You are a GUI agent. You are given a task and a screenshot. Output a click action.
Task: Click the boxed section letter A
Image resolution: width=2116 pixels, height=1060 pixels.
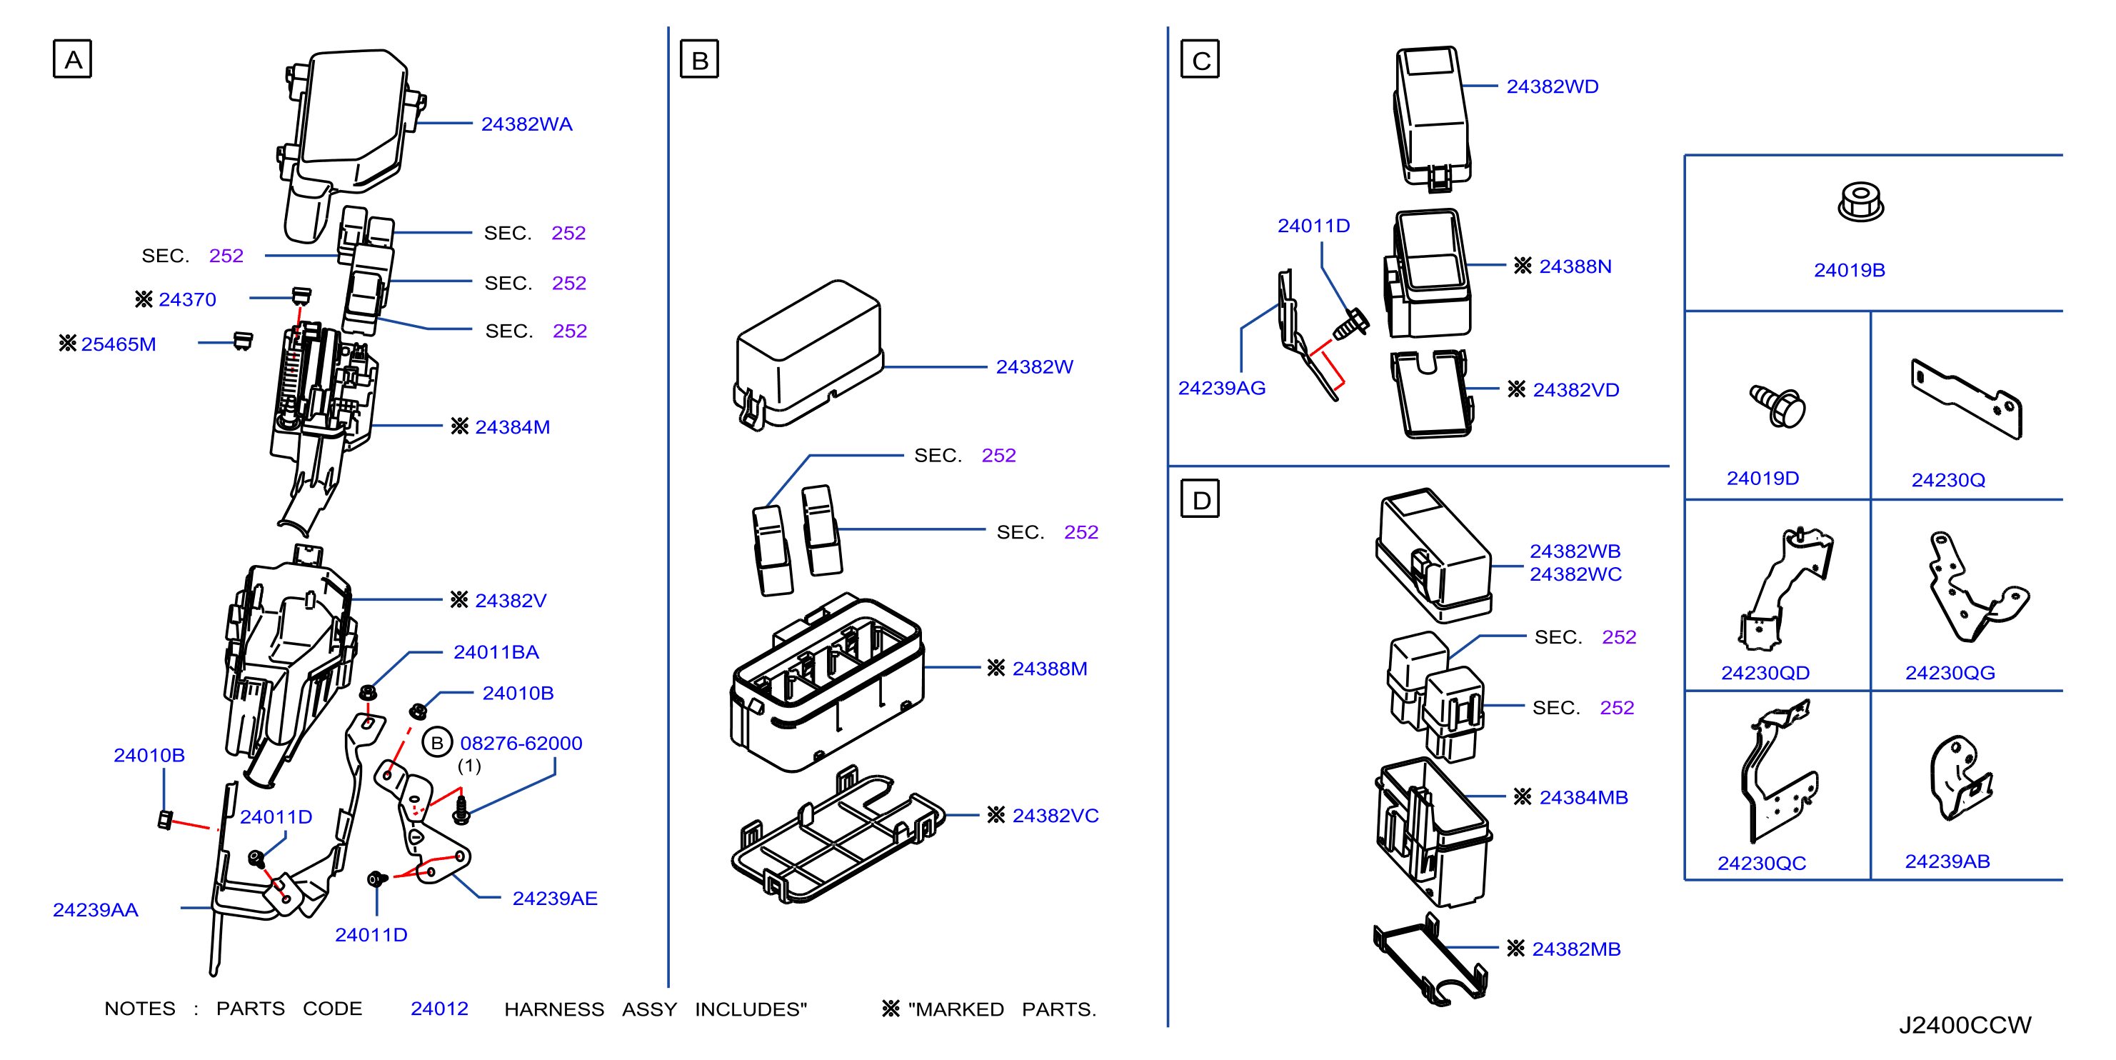coord(72,59)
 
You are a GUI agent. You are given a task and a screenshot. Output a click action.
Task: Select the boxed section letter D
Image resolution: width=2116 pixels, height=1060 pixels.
coord(1199,499)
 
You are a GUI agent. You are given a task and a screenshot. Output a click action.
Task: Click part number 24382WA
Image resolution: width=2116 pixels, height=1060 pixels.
coord(526,124)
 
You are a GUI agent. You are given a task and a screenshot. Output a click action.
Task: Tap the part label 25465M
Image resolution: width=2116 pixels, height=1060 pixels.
coord(119,344)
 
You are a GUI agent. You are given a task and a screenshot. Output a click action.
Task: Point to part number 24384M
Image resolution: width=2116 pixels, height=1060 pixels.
coord(513,427)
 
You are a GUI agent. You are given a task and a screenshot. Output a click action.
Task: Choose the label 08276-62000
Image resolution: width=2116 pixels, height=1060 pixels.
coord(521,743)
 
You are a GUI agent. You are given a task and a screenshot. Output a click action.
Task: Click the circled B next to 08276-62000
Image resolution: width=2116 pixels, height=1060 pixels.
coord(437,743)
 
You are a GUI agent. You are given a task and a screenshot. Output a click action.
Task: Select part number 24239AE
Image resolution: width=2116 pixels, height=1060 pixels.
coord(554,898)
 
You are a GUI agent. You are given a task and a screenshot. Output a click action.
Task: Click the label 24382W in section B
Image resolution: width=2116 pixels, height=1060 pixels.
coord(1034,366)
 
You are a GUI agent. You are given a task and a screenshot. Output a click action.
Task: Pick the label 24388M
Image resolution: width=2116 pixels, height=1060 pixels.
coord(1050,668)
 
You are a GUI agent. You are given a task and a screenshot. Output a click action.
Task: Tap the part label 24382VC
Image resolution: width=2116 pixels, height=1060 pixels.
coord(1055,815)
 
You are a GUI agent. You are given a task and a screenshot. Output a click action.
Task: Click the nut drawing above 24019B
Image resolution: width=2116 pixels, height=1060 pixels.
coord(1860,201)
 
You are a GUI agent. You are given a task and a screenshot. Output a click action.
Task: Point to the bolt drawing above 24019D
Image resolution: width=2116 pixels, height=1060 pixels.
coord(1777,406)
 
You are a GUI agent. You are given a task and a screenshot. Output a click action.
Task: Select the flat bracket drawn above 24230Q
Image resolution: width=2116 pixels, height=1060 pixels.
coord(1966,399)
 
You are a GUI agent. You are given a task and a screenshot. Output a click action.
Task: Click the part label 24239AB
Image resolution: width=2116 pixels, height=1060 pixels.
coord(1947,861)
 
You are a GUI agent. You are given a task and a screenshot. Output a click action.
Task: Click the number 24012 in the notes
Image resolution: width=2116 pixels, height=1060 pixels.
coord(439,1009)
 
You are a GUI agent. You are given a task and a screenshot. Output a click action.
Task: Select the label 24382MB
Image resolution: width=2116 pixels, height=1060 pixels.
coord(1575,949)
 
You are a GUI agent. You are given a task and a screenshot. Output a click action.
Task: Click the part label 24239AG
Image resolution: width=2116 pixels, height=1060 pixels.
coord(1221,388)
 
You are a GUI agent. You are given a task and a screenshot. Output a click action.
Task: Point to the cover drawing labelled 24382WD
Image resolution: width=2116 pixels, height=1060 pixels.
coord(1432,118)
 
